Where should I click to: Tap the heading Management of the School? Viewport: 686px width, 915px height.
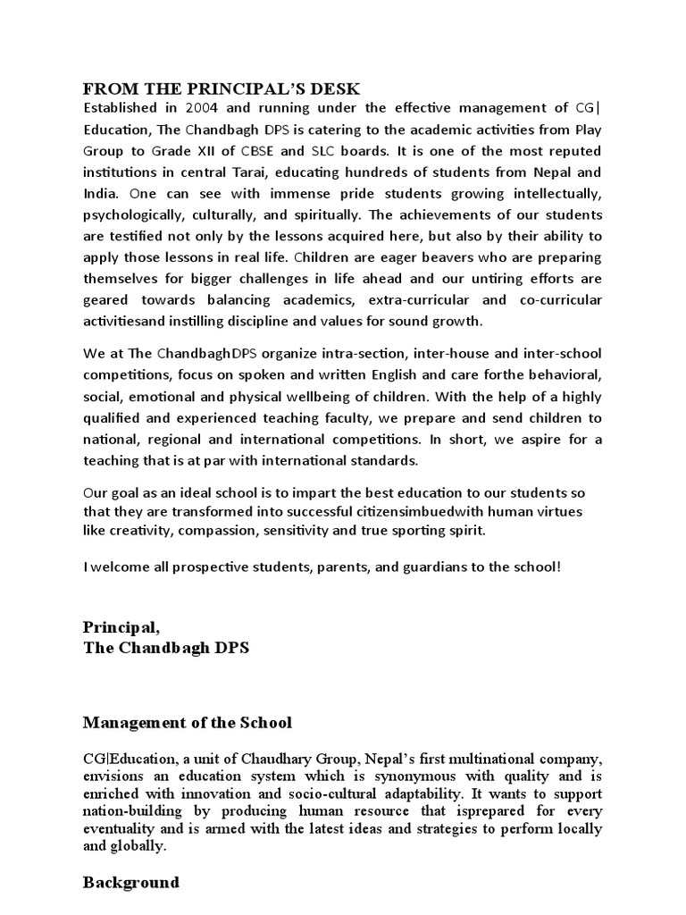click(188, 721)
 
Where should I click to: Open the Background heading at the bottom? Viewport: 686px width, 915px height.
click(131, 882)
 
